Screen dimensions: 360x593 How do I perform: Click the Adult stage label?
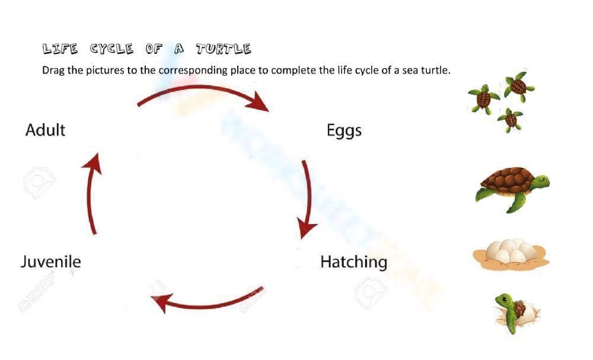pos(45,129)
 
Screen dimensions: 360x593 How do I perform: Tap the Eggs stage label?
pos(344,130)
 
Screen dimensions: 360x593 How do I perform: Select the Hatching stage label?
pos(353,262)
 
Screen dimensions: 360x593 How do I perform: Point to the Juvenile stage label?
pos(50,261)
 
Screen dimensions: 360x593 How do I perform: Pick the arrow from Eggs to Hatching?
pos(307,199)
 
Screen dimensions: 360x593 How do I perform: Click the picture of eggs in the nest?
pos(511,254)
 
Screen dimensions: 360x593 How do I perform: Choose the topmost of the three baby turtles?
pos(518,86)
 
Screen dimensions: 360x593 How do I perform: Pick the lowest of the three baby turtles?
pos(510,120)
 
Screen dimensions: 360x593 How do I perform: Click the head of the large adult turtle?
pos(540,181)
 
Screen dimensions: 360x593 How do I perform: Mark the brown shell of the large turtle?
pos(506,179)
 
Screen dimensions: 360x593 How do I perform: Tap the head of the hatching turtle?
pos(504,300)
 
